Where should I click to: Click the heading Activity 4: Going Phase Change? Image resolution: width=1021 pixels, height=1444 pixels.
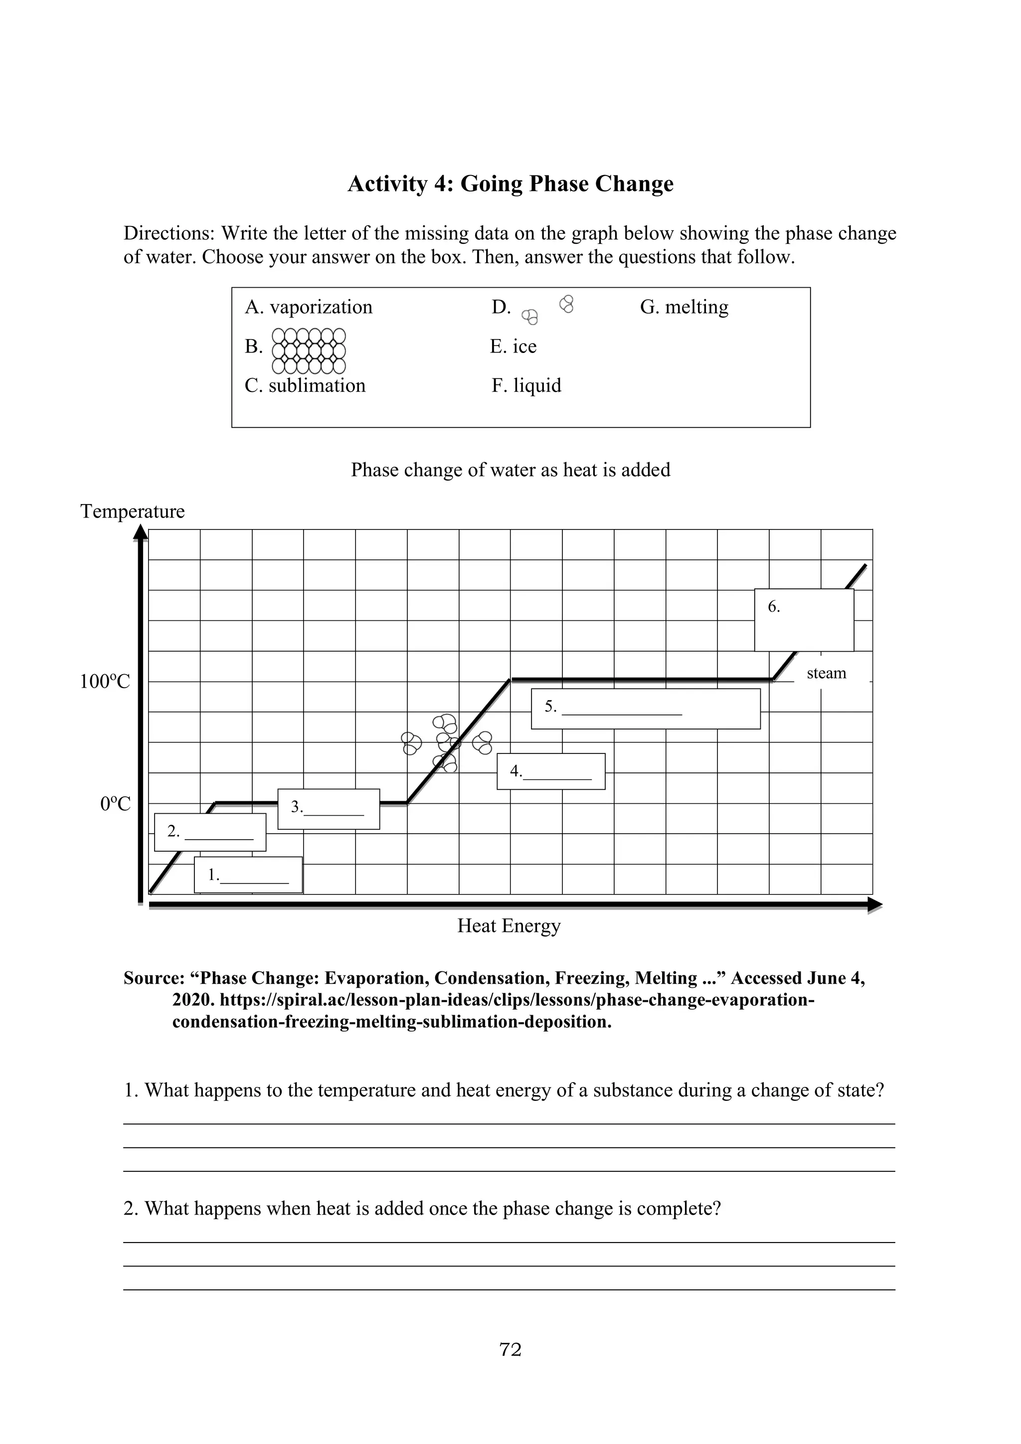510,183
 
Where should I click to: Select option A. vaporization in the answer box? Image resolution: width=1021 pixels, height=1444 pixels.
308,307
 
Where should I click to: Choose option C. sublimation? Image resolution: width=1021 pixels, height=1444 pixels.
305,385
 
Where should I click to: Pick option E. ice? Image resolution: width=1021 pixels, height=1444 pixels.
513,346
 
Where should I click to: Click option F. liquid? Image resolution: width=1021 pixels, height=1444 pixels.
526,385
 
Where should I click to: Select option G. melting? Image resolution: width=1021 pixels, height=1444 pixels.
684,307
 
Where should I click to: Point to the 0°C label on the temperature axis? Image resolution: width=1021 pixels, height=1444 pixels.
115,804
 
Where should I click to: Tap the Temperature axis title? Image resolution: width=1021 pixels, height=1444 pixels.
132,511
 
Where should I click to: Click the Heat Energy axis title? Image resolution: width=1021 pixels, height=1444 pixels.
509,926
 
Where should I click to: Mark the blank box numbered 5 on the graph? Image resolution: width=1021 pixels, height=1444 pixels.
645,709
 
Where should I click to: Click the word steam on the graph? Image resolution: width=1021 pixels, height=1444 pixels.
826,673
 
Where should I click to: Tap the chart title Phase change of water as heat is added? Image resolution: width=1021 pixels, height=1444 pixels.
510,470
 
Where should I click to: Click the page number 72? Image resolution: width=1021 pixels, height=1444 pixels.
510,1349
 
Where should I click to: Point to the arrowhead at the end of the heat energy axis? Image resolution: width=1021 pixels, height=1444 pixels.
874,905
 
